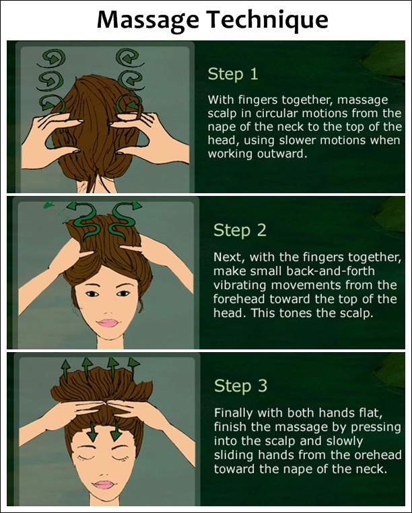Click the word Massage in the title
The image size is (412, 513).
click(x=148, y=21)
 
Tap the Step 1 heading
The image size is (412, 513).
click(x=233, y=74)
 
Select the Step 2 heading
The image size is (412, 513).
click(x=240, y=230)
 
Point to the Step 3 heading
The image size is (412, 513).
click(x=240, y=386)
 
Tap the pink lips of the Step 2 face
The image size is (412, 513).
click(x=107, y=323)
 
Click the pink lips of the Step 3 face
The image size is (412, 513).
click(x=104, y=484)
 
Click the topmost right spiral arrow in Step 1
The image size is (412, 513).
click(x=129, y=58)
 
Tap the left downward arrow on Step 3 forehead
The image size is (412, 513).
click(x=92, y=432)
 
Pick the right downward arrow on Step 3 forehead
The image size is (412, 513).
click(x=116, y=430)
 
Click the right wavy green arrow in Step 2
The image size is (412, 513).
click(x=123, y=220)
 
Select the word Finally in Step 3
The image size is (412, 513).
click(x=234, y=413)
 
